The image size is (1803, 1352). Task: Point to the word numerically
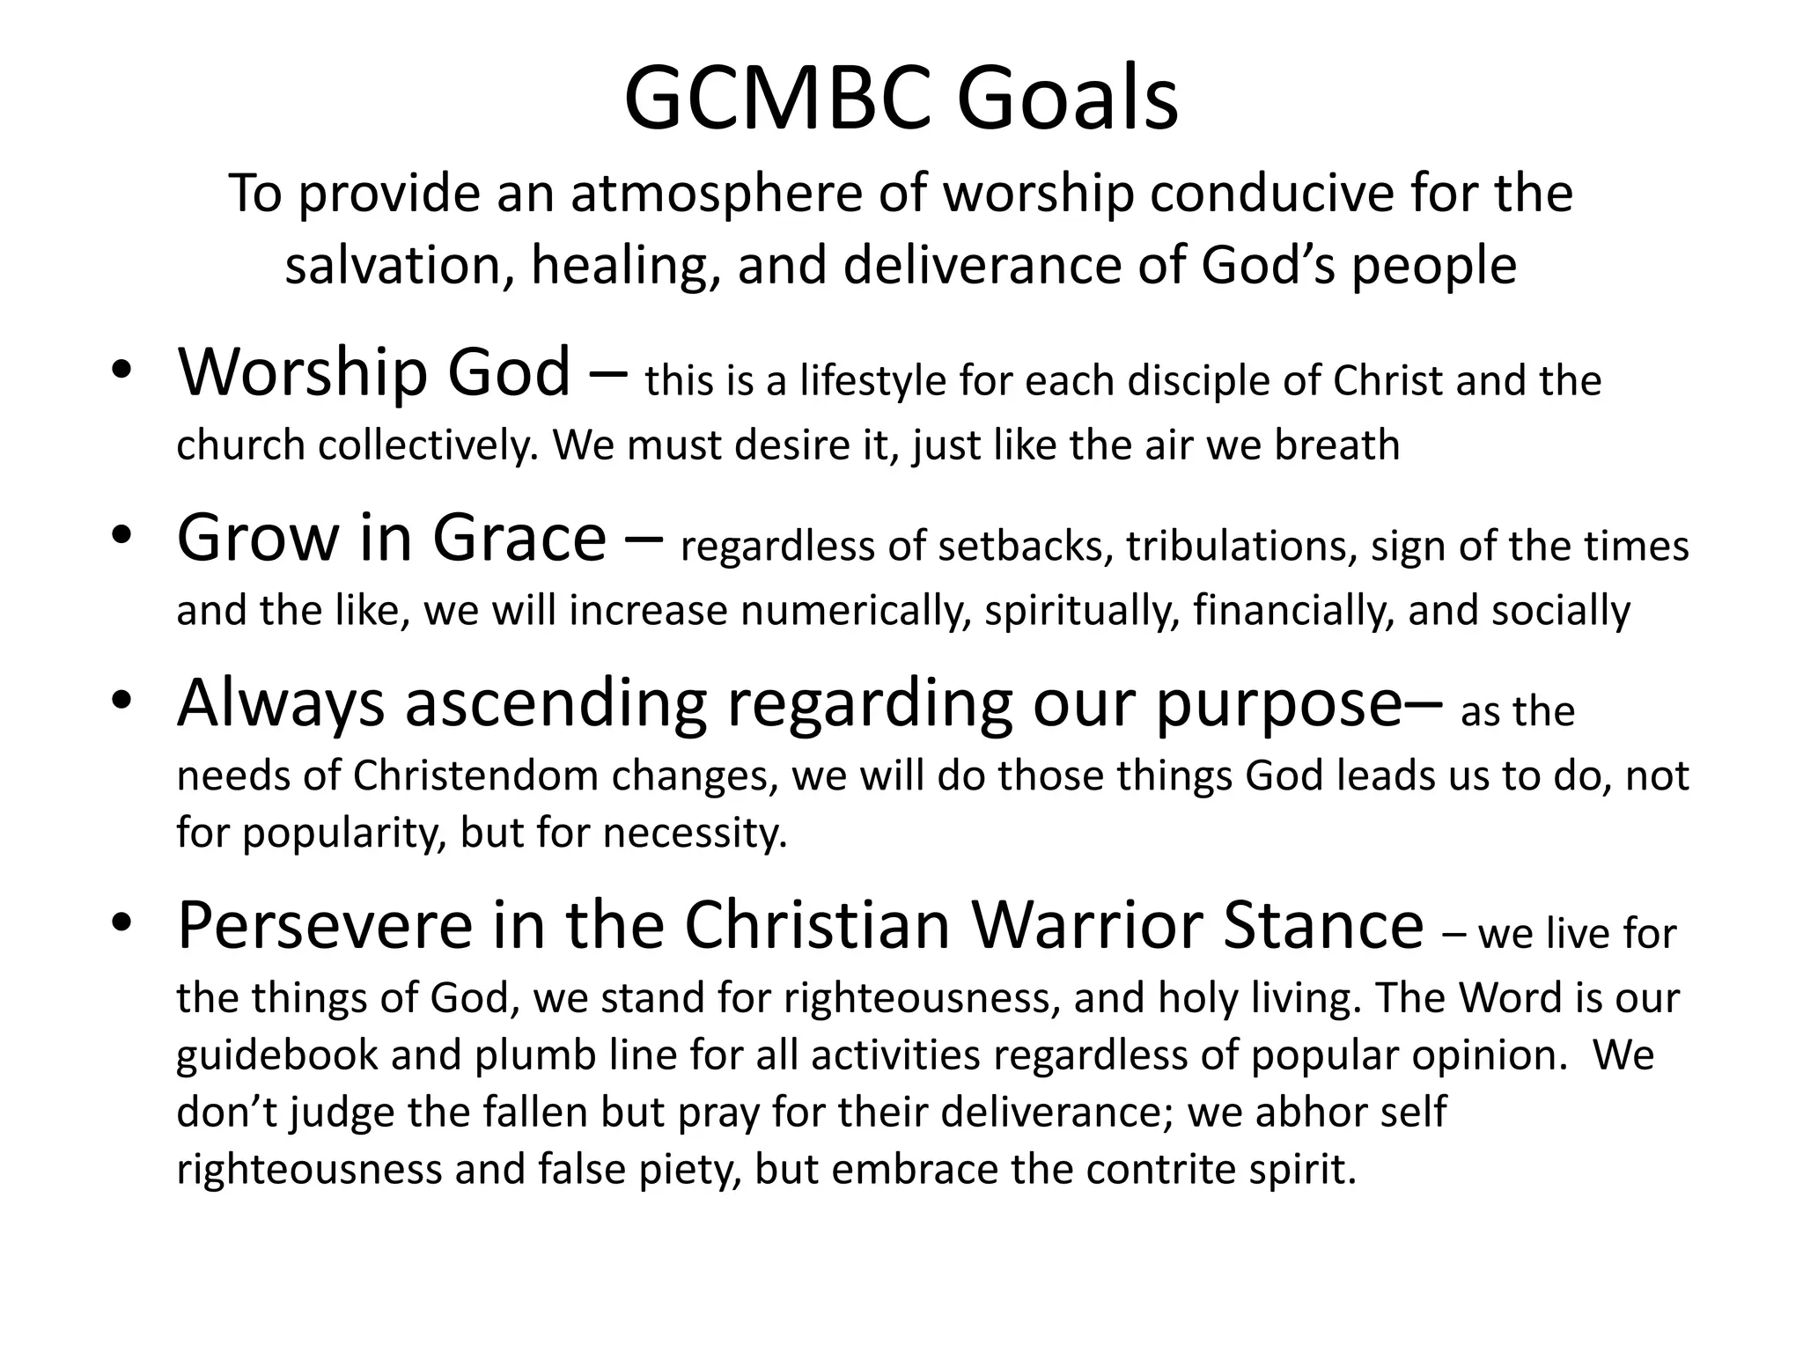coord(855,611)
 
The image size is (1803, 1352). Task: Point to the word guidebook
coord(276,1055)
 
